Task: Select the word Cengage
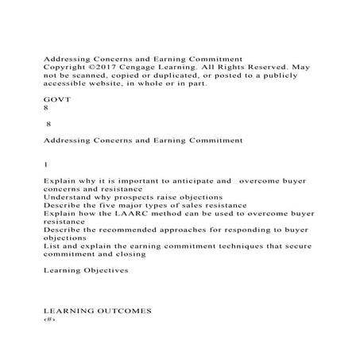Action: tap(144, 68)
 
